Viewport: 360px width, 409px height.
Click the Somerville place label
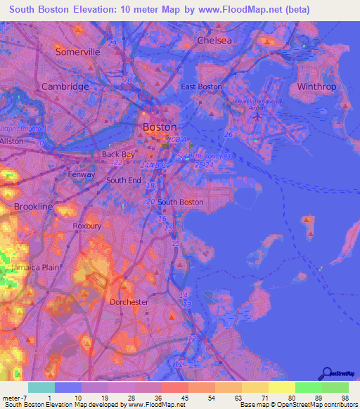(78, 52)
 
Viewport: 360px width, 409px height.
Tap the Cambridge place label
(65, 86)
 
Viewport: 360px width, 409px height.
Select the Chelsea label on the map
(214, 40)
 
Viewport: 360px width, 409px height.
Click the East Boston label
(201, 86)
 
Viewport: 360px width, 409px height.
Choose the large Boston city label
(160, 127)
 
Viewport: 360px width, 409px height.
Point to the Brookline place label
(33, 207)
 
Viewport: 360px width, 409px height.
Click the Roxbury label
(87, 226)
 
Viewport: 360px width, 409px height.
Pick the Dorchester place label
(129, 302)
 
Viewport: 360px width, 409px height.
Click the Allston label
(11, 141)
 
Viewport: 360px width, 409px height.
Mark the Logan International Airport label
(257, 104)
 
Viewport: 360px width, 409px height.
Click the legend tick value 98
(344, 398)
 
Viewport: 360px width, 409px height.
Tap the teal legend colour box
(41, 387)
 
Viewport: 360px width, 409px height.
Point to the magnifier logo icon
(326, 373)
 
